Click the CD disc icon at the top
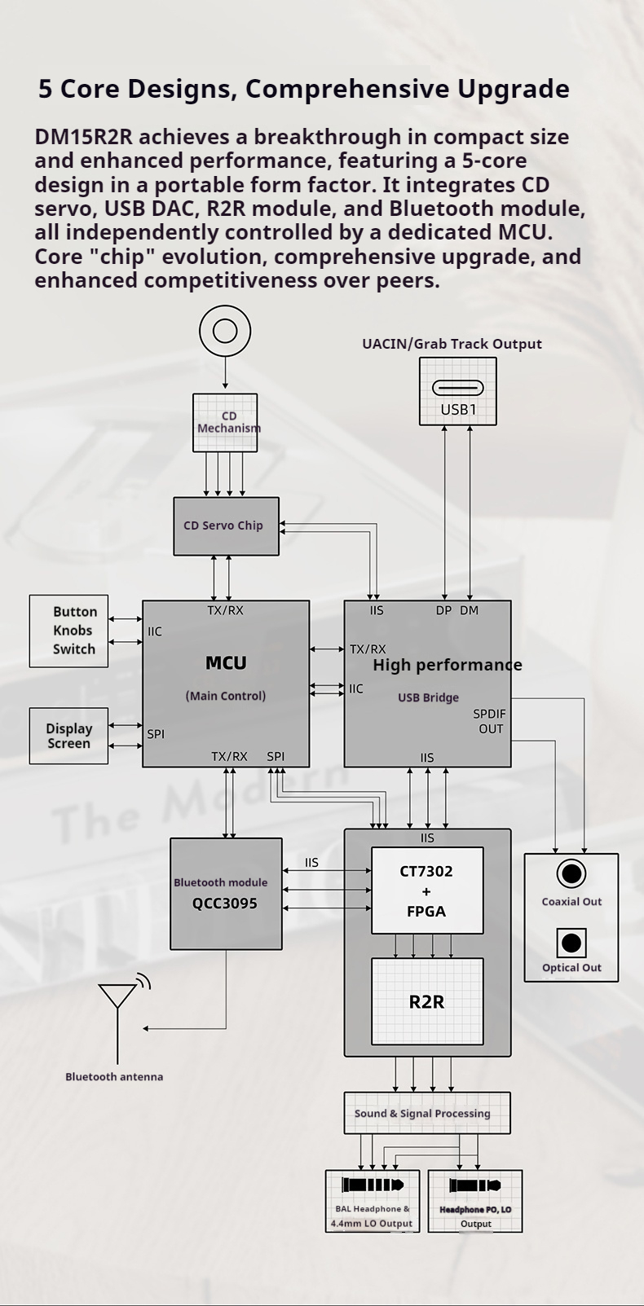pos(225,331)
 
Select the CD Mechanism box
pos(225,422)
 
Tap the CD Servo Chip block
pos(226,526)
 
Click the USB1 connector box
pos(457,392)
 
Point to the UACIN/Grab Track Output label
pos(452,344)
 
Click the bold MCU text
pos(226,663)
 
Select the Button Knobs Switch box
pos(69,631)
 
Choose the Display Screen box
pos(69,736)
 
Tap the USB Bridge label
pos(428,697)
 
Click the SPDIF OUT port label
pos(490,721)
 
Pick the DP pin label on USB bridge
pos(443,610)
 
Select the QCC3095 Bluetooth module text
pos(225,904)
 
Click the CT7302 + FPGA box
pos(427,890)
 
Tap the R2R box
pos(427,1001)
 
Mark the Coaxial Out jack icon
pos(571,874)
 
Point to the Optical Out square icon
pos(571,943)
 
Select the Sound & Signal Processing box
pos(427,1113)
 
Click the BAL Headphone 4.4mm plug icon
pos(372,1185)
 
